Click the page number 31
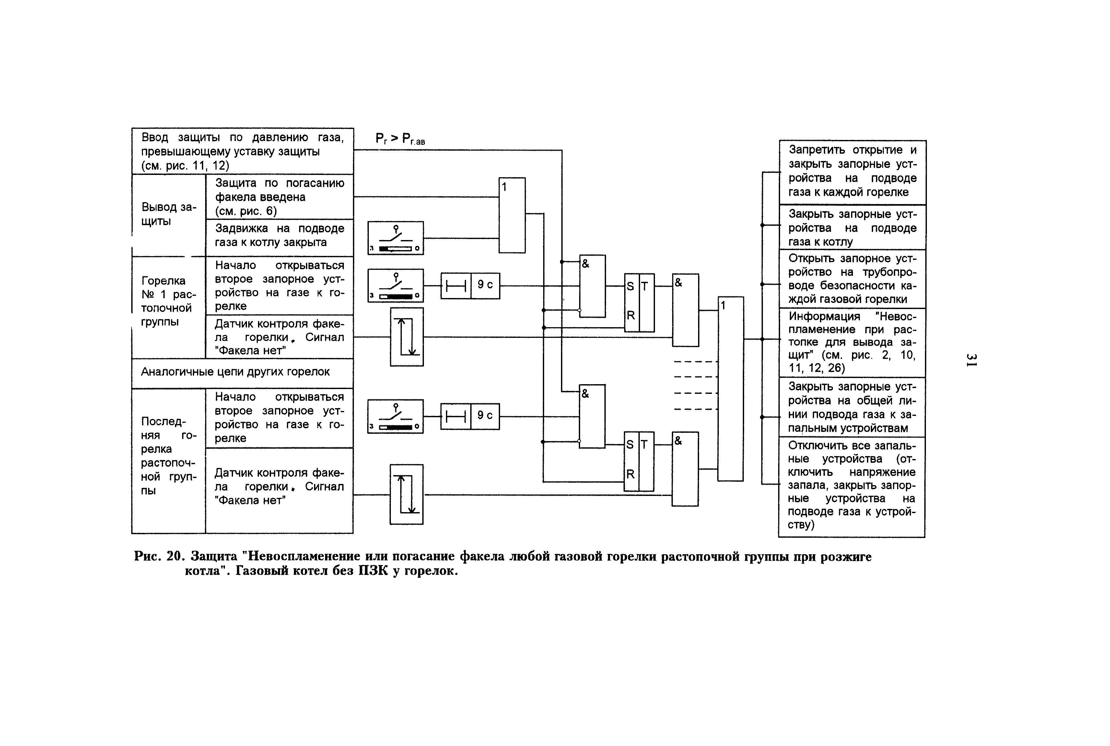(971, 359)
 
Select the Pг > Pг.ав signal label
(400, 139)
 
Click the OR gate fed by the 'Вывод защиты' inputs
(512, 215)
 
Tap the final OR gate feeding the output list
(730, 389)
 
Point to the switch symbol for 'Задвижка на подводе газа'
(395, 238)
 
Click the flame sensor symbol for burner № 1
(407, 337)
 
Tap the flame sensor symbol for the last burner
(406, 494)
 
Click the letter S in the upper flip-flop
(630, 286)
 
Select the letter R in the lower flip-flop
(630, 474)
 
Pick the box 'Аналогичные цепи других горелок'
(242, 373)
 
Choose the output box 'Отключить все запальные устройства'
(851, 487)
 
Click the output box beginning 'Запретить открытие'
(852, 172)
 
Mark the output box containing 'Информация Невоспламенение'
(852, 343)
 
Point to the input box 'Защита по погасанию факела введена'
(279, 197)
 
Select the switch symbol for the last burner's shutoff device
(395, 416)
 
